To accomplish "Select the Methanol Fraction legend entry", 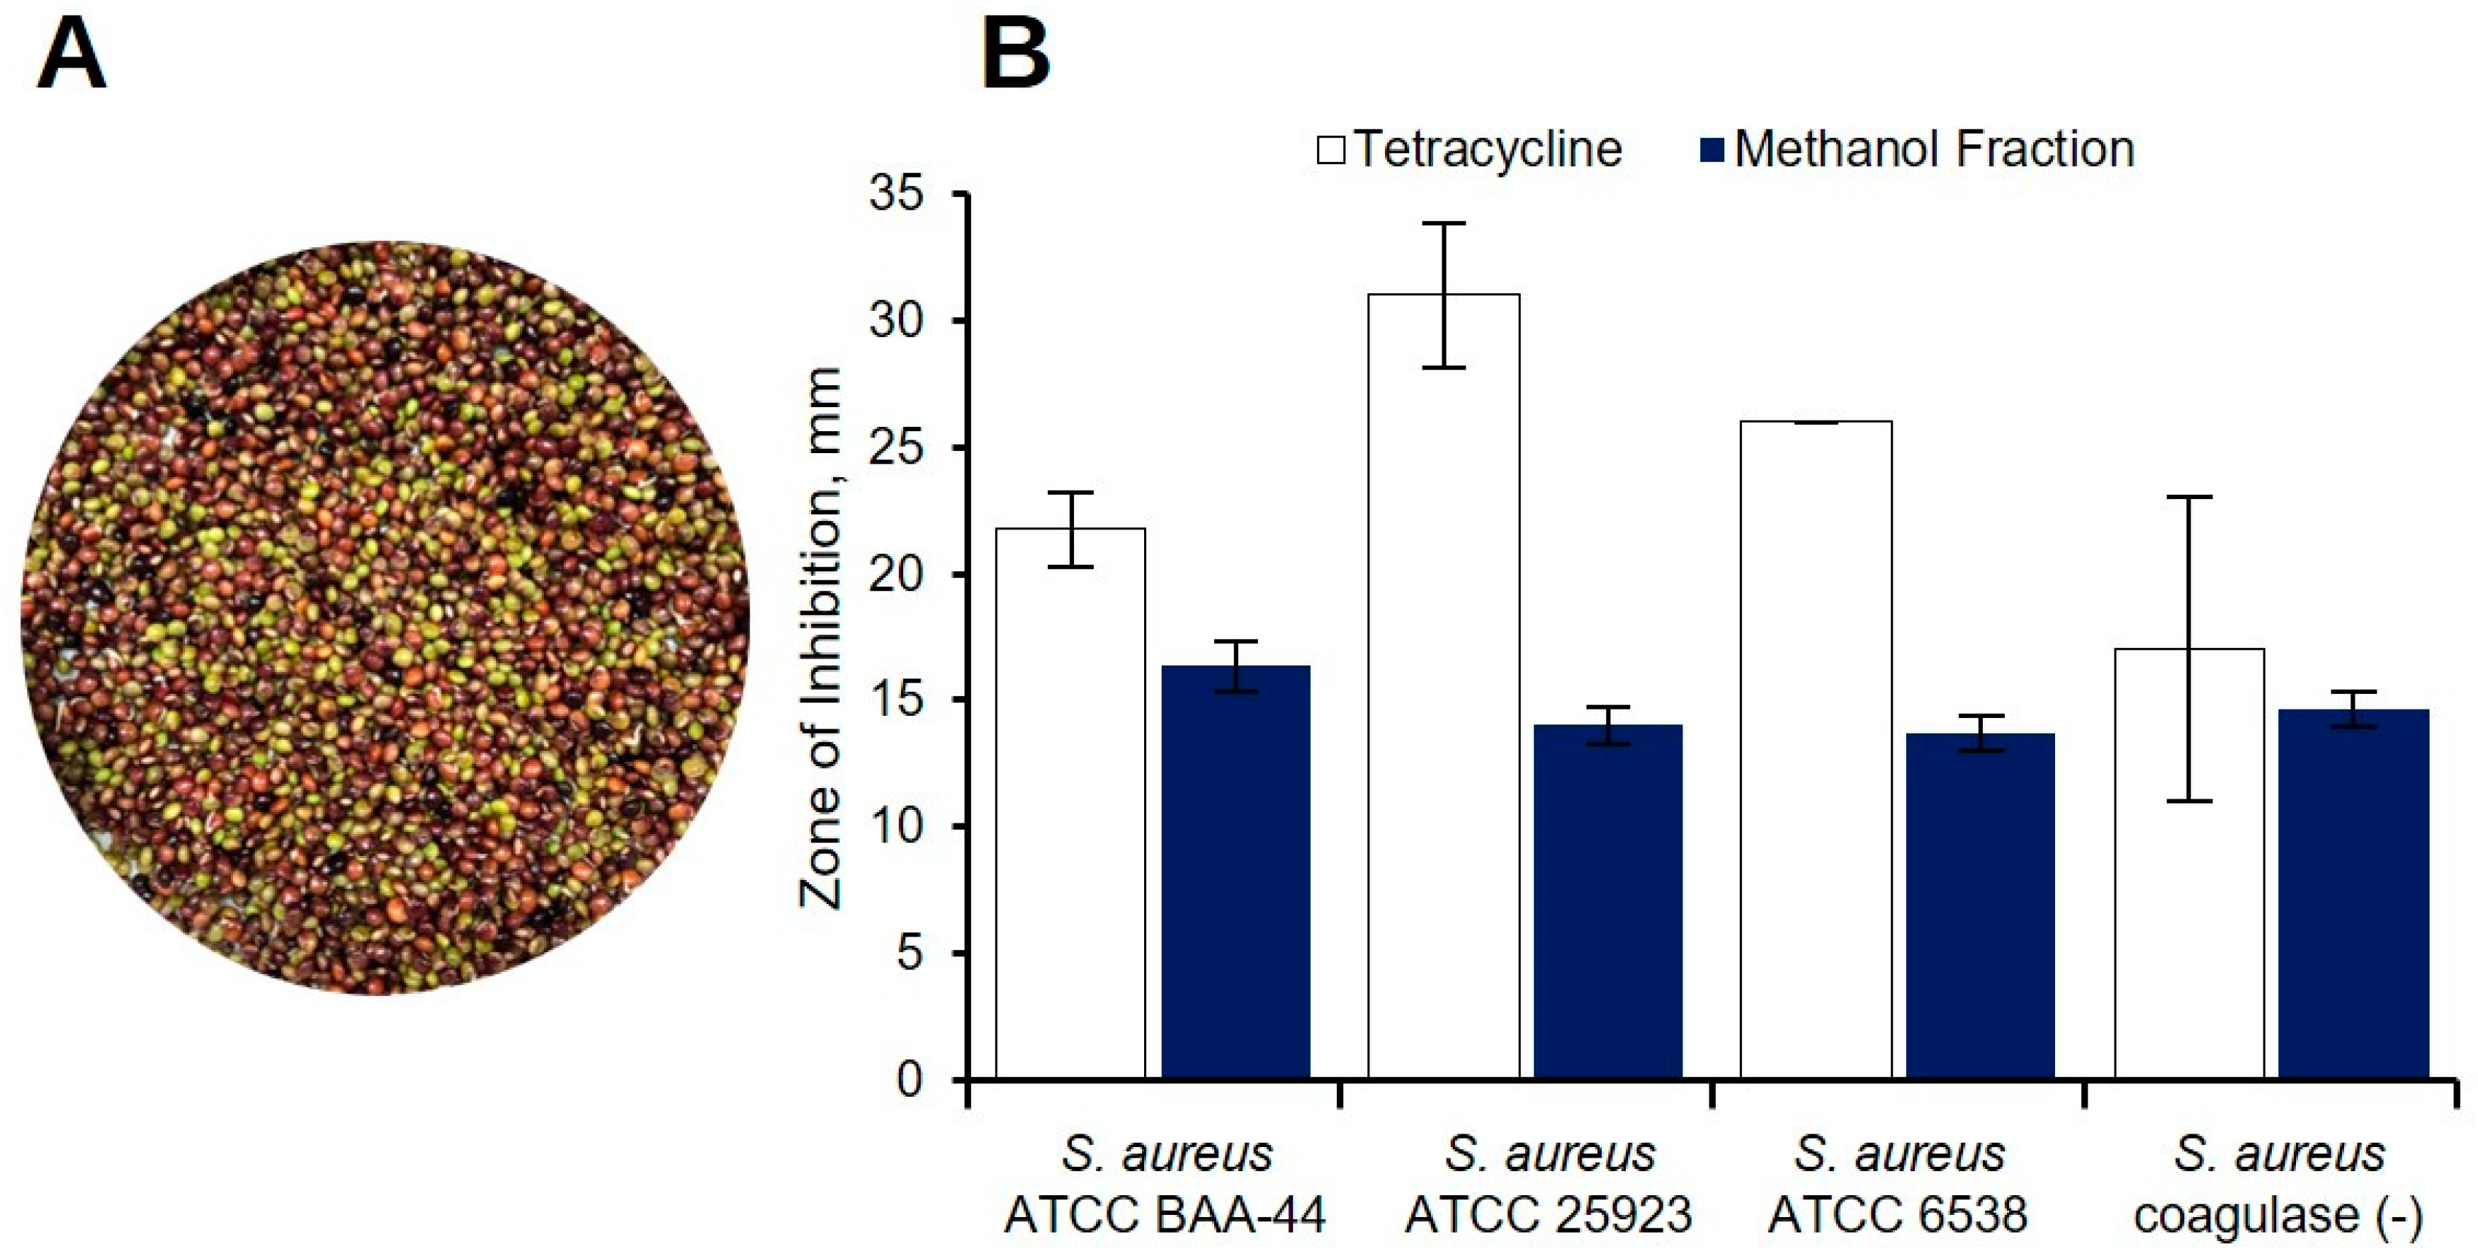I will coord(1918,150).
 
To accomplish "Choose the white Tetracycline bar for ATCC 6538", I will coord(1816,750).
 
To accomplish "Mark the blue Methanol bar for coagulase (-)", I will coord(2353,894).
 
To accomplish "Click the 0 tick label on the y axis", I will coord(908,1080).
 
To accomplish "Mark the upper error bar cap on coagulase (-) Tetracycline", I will coord(2190,497).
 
